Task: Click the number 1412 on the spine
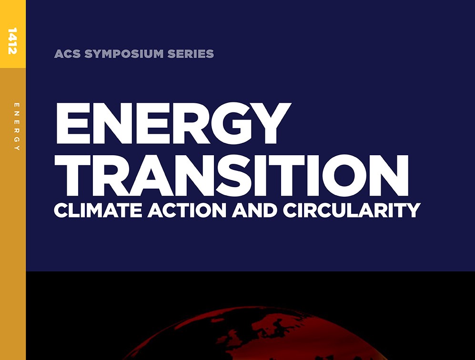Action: coord(12,41)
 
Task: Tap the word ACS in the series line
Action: coord(67,54)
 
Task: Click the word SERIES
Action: coord(191,54)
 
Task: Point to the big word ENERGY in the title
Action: coord(173,123)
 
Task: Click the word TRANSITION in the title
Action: coord(232,175)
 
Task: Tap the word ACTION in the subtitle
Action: coord(187,210)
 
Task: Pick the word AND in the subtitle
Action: coord(254,210)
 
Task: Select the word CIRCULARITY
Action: coord(352,210)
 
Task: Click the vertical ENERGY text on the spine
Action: coord(17,127)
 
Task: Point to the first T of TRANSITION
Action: coord(72,175)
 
